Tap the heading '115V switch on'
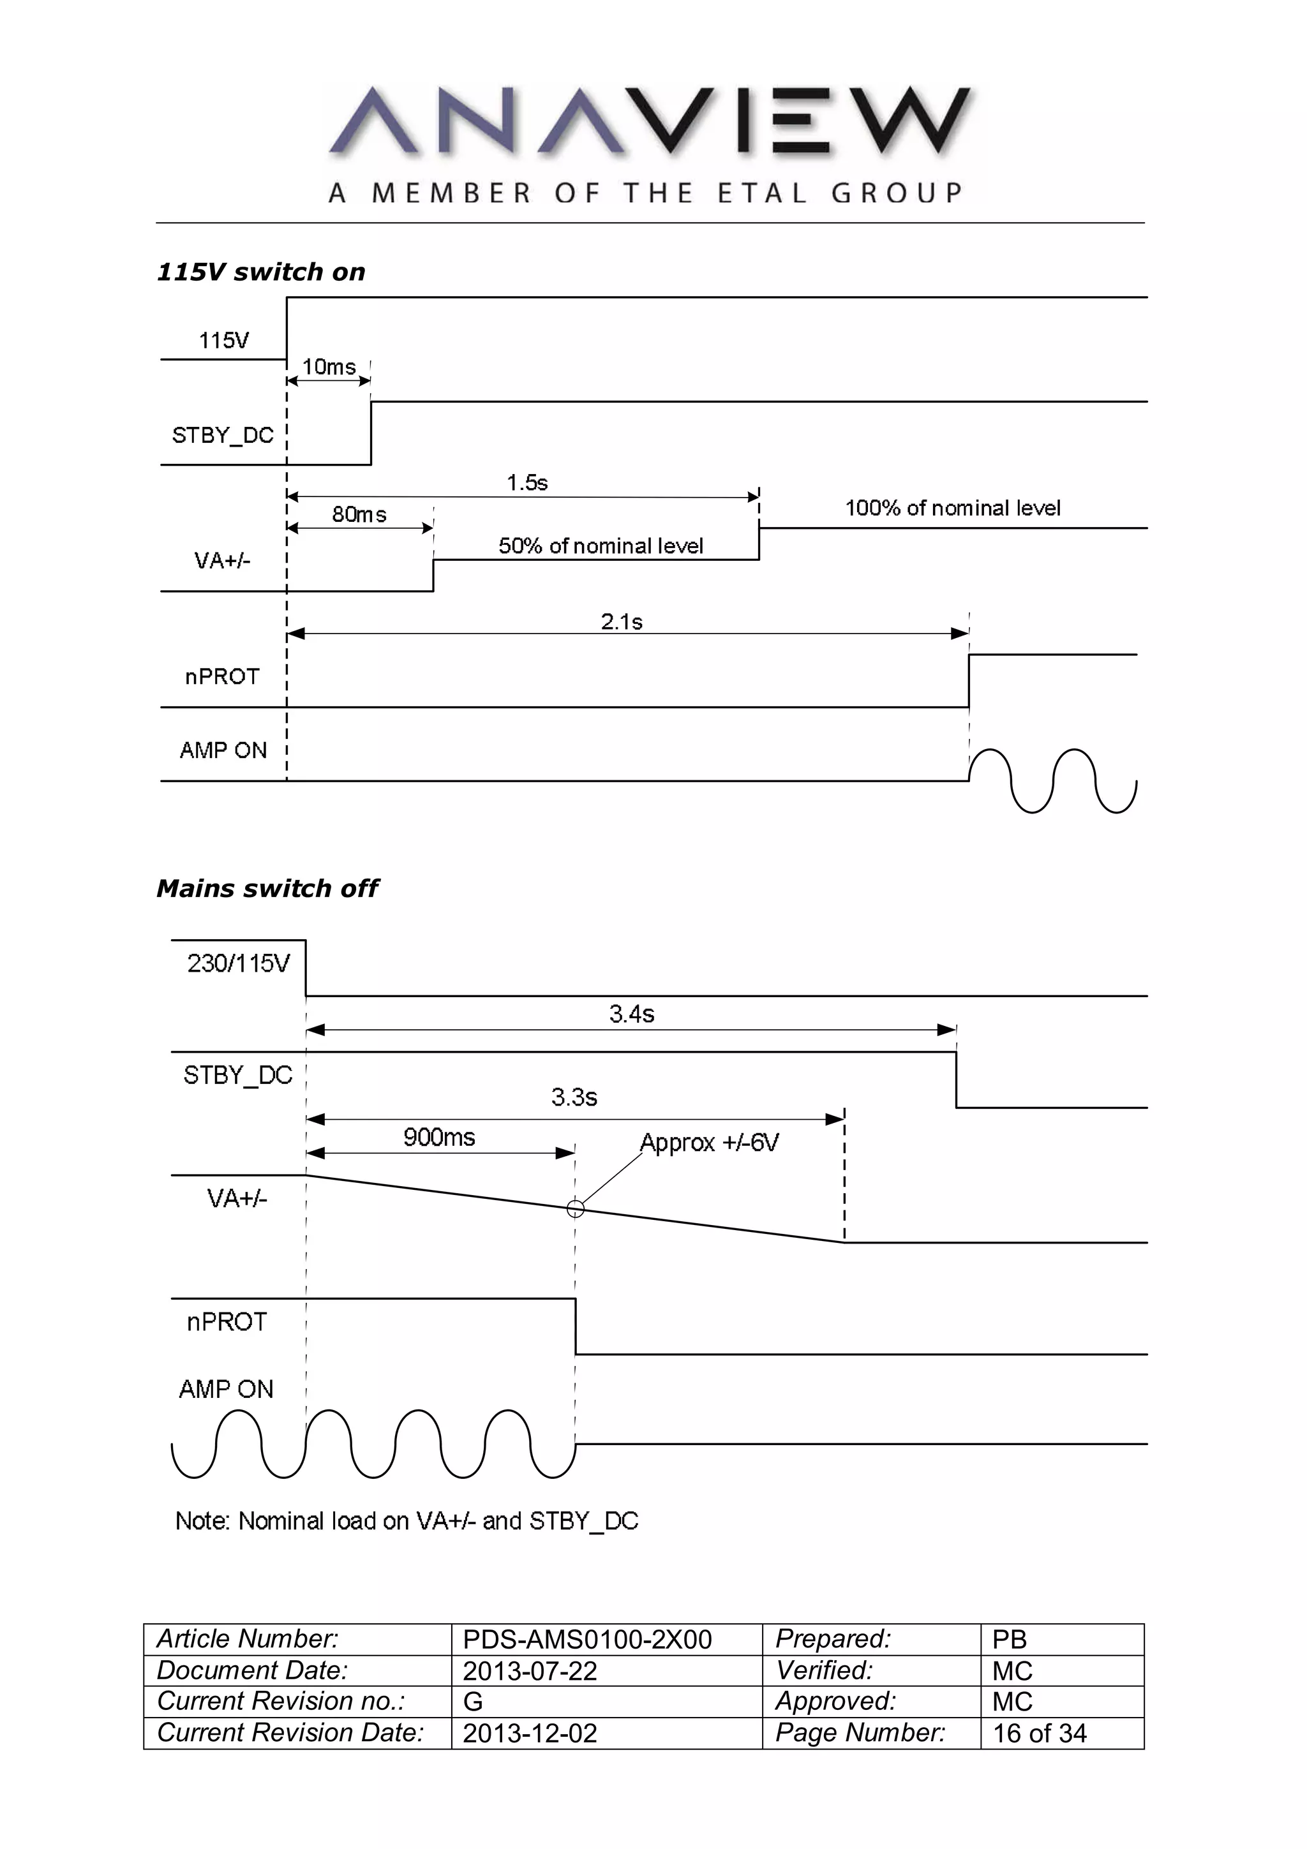pyautogui.click(x=261, y=272)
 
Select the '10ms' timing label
pyautogui.click(x=329, y=368)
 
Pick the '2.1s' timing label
pyautogui.click(x=622, y=621)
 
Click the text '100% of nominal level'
pyautogui.click(x=952, y=508)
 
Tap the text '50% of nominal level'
pyautogui.click(x=601, y=546)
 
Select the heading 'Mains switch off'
pyautogui.click(x=267, y=888)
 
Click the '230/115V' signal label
pyautogui.click(x=239, y=963)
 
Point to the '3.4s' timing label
pyautogui.click(x=631, y=1014)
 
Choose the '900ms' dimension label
pyautogui.click(x=439, y=1137)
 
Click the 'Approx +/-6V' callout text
pyautogui.click(x=710, y=1143)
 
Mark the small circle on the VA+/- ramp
pyautogui.click(x=575, y=1209)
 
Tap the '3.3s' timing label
pyautogui.click(x=574, y=1097)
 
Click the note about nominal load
pyautogui.click(x=407, y=1520)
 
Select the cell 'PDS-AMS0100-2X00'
pyautogui.click(x=587, y=1640)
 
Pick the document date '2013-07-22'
pyautogui.click(x=530, y=1671)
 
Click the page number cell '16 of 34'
pyautogui.click(x=1040, y=1733)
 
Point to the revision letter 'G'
pyautogui.click(x=473, y=1702)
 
